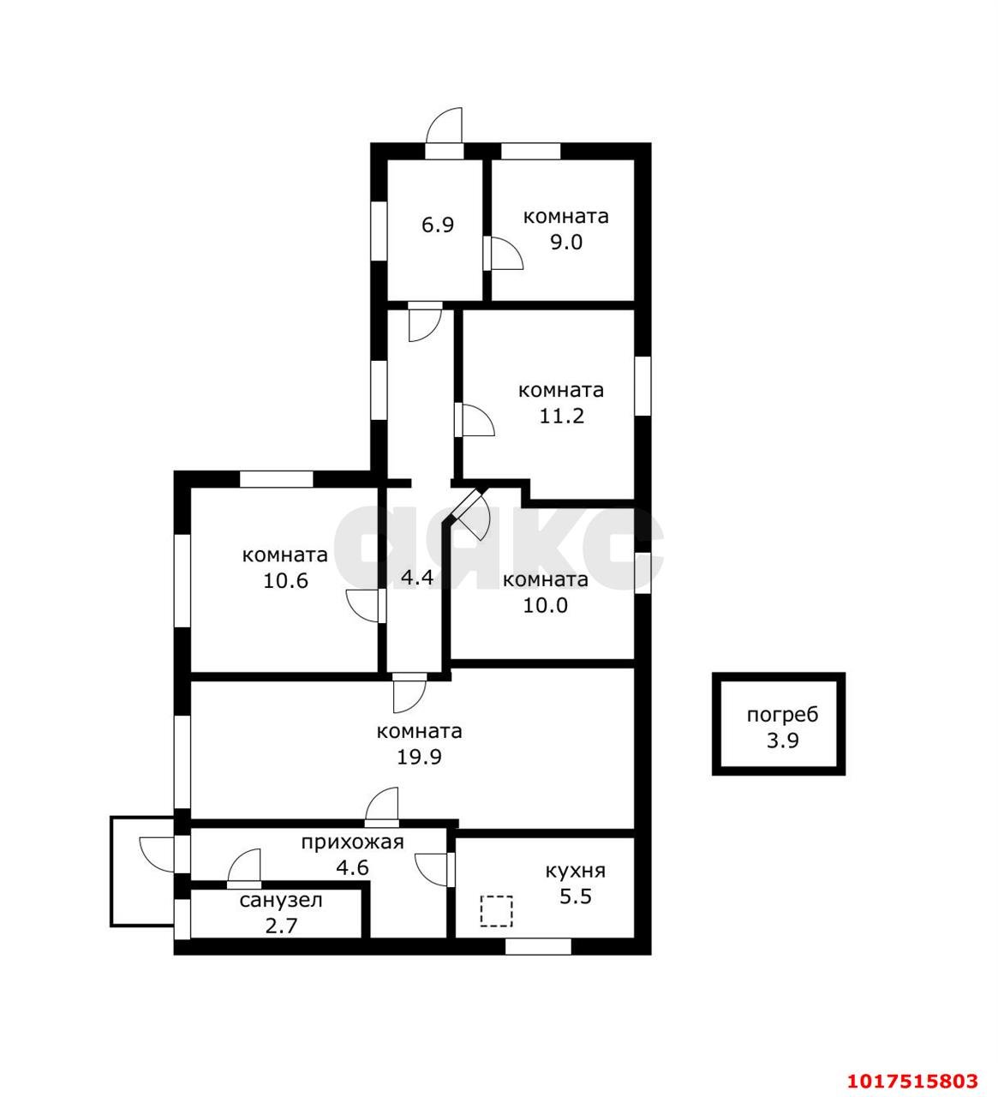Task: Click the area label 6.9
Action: pyautogui.click(x=438, y=225)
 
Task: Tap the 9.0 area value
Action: pyautogui.click(x=566, y=242)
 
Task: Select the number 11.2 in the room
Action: pyautogui.click(x=562, y=416)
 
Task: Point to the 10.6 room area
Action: pyautogui.click(x=285, y=580)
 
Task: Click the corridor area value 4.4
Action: pyautogui.click(x=417, y=577)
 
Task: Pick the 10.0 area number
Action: pyautogui.click(x=545, y=605)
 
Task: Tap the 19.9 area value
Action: pyautogui.click(x=419, y=758)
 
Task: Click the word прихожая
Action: pyautogui.click(x=353, y=842)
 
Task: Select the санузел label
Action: pyautogui.click(x=281, y=901)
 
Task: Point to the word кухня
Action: pyautogui.click(x=576, y=871)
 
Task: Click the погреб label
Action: pyautogui.click(x=782, y=715)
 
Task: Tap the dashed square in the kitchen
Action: pyautogui.click(x=497, y=911)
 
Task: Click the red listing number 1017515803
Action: pyautogui.click(x=912, y=1081)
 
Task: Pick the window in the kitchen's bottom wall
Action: pyautogui.click(x=538, y=946)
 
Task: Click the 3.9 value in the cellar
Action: pyautogui.click(x=782, y=741)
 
